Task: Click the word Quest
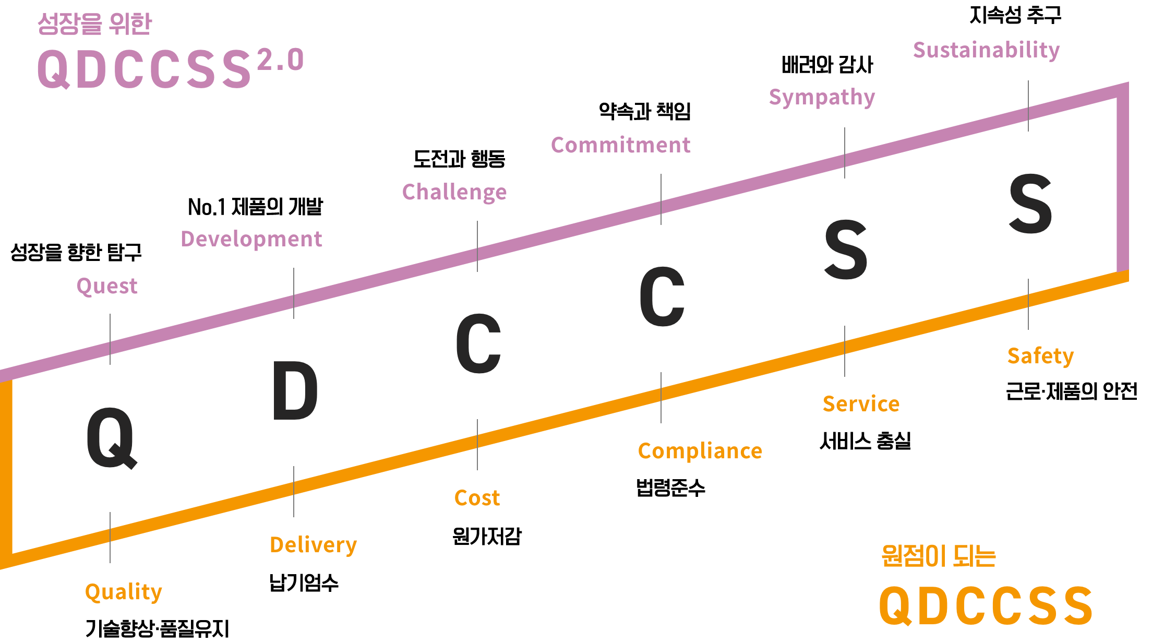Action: pos(107,287)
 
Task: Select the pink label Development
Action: pos(251,240)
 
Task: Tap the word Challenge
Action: pos(454,193)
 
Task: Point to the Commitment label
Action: pos(620,146)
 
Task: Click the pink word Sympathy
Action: pos(822,98)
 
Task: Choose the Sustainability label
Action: pos(986,51)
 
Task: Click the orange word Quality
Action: pos(124,592)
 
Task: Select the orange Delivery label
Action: pos(313,545)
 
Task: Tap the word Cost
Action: pos(477,498)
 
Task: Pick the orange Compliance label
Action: pos(700,451)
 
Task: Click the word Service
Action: pos(861,405)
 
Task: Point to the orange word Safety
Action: pos(1040,356)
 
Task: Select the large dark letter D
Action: pos(295,391)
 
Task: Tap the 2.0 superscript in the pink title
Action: pos(280,60)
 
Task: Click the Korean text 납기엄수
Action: pos(304,583)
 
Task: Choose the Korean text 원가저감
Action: pos(487,536)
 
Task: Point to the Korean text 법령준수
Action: pos(670,488)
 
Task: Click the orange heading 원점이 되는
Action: pos(939,555)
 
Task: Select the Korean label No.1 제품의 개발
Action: pos(256,207)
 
